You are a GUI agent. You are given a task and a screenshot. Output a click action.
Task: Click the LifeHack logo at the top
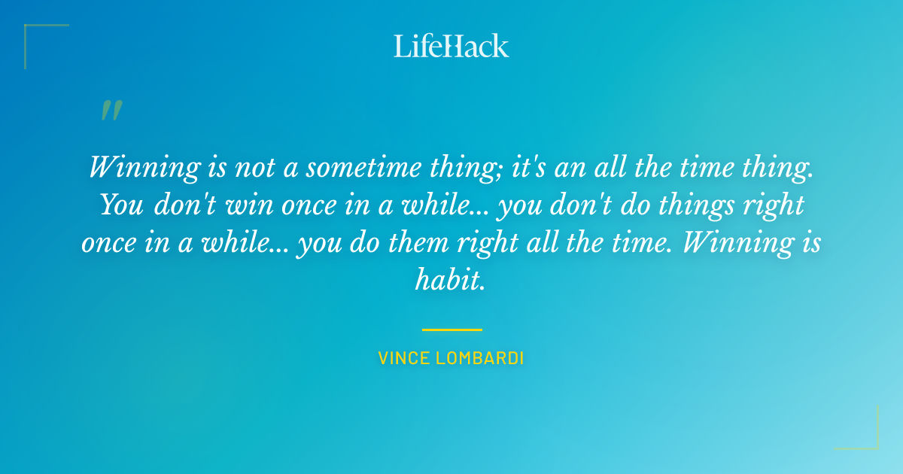451,46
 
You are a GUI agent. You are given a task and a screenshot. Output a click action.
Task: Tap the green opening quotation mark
111,111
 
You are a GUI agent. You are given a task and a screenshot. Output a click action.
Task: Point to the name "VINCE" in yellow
404,358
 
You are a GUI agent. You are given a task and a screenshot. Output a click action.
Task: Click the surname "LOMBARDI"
479,358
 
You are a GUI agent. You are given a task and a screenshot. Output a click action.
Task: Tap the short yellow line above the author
451,330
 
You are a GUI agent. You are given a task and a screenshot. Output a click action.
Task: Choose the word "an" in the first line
569,167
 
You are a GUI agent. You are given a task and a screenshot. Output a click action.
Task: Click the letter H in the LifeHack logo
450,46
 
